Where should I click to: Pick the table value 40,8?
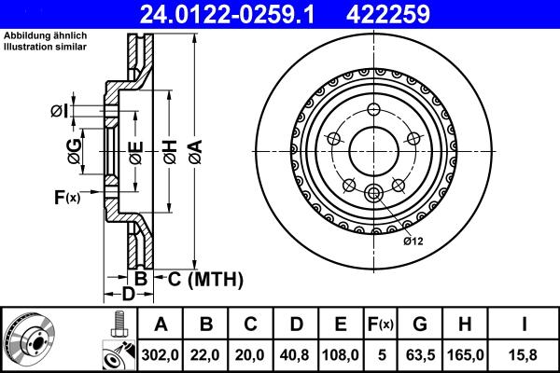[296, 354]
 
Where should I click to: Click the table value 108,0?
[341, 354]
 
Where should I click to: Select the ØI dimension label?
[60, 112]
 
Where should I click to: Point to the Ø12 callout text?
[413, 241]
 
